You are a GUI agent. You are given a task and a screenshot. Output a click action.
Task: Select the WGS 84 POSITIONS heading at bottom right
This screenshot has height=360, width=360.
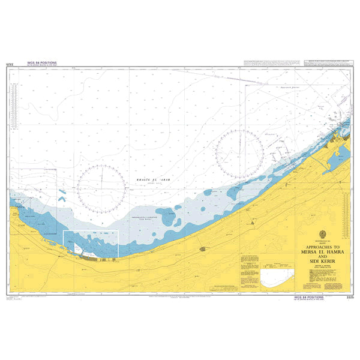tap(308, 296)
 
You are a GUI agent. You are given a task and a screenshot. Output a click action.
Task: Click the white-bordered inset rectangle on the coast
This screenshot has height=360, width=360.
tap(91, 244)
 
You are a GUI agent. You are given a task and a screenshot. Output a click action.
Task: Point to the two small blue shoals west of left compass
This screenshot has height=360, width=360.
tap(62, 196)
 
